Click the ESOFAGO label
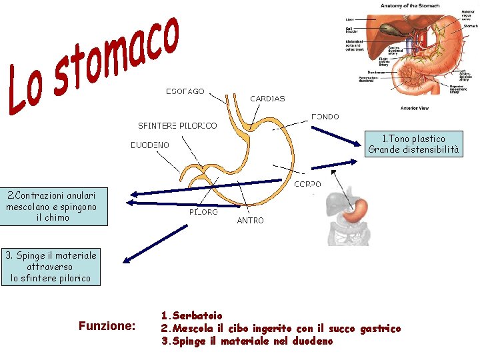pos(185,91)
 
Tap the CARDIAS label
pos(267,99)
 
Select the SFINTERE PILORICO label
pos(177,125)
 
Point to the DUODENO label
pos(149,145)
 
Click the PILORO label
pos(203,212)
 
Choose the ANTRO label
pos(251,220)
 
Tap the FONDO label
pos(325,117)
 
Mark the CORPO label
pos(307,184)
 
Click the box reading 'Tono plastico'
pos(413,144)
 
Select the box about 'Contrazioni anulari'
pos(52,207)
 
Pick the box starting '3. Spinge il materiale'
pos(51,267)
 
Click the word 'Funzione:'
pos(107,326)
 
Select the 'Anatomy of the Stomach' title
pos(410,6)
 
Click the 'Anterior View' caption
pos(414,107)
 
